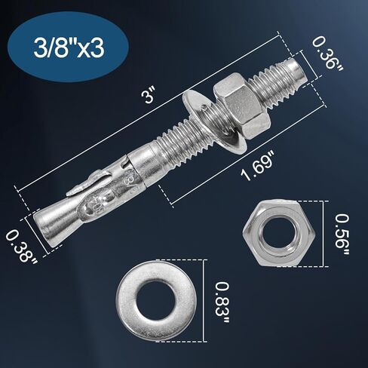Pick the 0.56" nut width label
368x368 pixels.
point(344,234)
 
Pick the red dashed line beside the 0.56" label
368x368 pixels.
point(326,234)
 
